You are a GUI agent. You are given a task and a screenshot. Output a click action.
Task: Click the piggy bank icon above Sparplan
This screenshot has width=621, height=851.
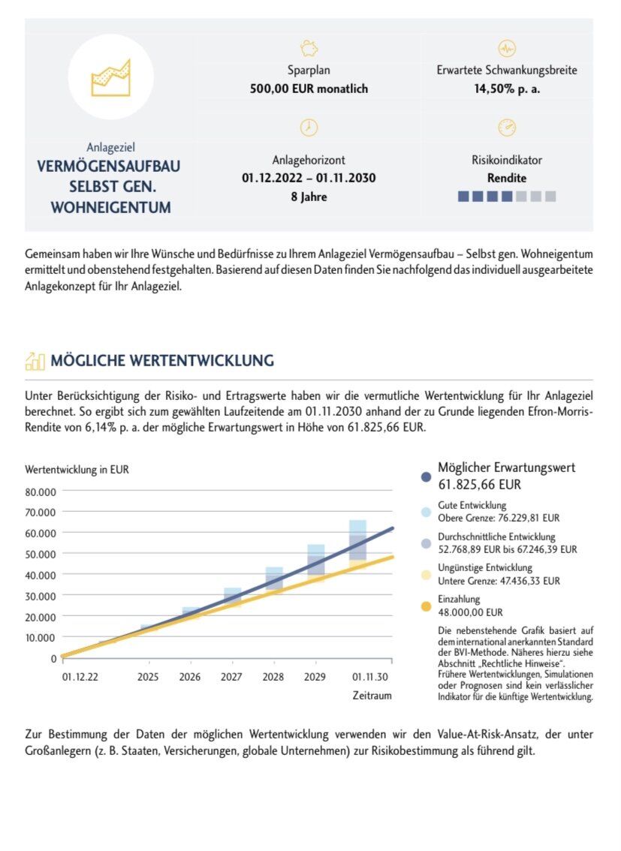click(x=309, y=49)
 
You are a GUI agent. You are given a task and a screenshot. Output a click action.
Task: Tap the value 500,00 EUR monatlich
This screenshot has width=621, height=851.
click(x=309, y=89)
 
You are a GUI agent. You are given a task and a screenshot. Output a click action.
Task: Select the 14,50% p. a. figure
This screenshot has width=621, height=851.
click(x=507, y=89)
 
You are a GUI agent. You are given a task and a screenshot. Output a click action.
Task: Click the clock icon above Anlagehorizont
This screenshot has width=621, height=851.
click(x=309, y=128)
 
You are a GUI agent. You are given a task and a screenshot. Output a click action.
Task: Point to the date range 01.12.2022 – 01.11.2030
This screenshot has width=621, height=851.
click(x=309, y=179)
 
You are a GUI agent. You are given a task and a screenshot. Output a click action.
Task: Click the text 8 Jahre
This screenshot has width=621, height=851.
click(x=309, y=197)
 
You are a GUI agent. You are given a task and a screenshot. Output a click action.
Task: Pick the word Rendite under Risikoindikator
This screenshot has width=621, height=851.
click(x=507, y=179)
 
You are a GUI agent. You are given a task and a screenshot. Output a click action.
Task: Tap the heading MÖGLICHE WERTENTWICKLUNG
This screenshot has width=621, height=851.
click(x=161, y=361)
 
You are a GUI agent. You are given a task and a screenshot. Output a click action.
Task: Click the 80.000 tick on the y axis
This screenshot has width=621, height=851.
click(x=43, y=492)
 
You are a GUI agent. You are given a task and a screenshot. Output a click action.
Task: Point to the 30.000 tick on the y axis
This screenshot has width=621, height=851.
click(x=43, y=596)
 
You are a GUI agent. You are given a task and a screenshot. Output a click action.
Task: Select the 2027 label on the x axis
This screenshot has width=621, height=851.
click(x=232, y=677)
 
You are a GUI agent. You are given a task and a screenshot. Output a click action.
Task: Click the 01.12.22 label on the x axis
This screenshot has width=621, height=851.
click(x=80, y=677)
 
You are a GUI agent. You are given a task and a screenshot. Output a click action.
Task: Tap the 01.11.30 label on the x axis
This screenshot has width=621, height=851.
click(x=372, y=677)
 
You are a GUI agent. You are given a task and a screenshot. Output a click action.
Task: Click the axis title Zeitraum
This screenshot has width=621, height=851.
click(x=372, y=696)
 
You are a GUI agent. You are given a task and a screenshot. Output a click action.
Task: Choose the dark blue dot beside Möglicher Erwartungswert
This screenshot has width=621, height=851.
click(x=426, y=477)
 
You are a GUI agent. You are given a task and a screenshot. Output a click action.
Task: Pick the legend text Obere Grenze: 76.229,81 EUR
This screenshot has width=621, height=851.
click(x=499, y=518)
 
